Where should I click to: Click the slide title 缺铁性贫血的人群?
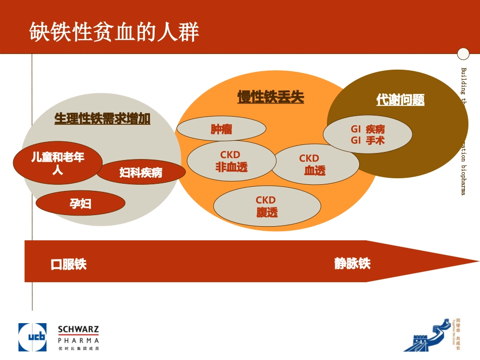(x=114, y=32)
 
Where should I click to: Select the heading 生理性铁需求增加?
(x=102, y=119)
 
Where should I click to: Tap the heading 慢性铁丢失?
(x=271, y=97)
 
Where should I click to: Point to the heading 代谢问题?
(x=400, y=100)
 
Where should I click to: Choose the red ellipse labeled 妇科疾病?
(x=141, y=173)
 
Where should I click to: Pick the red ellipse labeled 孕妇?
(x=80, y=203)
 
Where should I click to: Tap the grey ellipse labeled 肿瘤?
(x=221, y=130)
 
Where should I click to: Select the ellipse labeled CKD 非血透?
(x=231, y=161)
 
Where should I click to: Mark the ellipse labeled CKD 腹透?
(x=267, y=207)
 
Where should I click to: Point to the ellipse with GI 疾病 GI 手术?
(x=368, y=135)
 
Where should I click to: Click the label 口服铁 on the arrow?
(x=69, y=264)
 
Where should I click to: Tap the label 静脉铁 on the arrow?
(x=352, y=264)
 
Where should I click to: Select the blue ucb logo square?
(x=32, y=337)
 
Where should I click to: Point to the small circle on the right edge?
(x=463, y=54)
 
